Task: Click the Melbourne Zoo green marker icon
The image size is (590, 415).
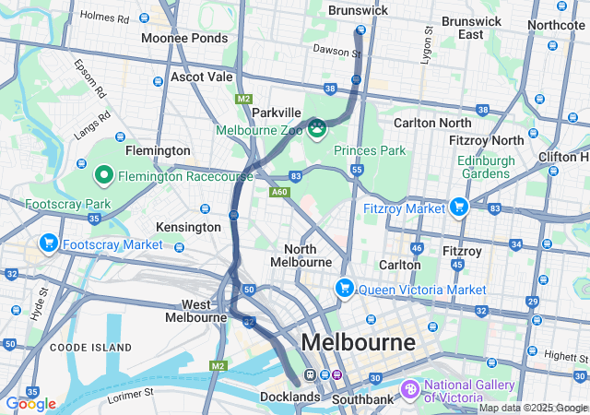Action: point(317,127)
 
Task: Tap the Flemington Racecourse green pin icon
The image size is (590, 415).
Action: point(104,174)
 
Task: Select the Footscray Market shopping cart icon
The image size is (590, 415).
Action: point(48,243)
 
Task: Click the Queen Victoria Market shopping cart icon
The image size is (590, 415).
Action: point(345,288)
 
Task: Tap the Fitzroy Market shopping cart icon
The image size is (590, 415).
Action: point(458,207)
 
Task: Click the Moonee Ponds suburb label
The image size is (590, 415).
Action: point(184,38)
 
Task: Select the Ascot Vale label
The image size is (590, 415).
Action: point(202,77)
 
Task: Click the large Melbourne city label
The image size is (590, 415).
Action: point(359,342)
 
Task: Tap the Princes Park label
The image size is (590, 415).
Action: point(369,149)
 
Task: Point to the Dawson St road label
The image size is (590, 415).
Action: point(336,52)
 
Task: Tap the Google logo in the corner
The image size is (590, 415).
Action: point(30,403)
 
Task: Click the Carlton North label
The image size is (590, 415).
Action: point(432,123)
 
